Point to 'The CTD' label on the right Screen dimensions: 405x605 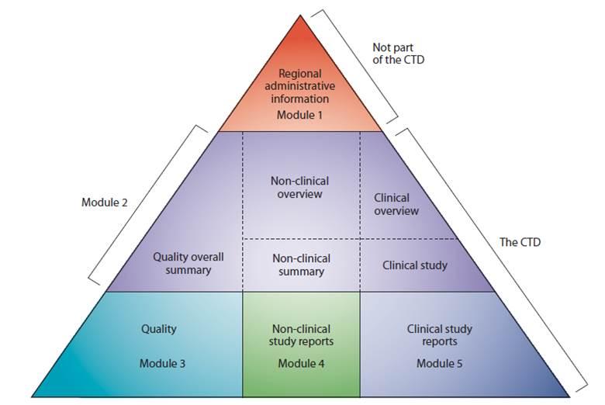[x=519, y=243]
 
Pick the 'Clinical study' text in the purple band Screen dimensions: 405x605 [x=415, y=265]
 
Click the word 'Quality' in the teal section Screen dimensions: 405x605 [x=159, y=329]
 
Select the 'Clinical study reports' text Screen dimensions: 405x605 [x=439, y=335]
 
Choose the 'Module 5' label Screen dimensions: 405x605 [x=439, y=363]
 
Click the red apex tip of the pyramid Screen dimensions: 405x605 [x=301, y=21]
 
